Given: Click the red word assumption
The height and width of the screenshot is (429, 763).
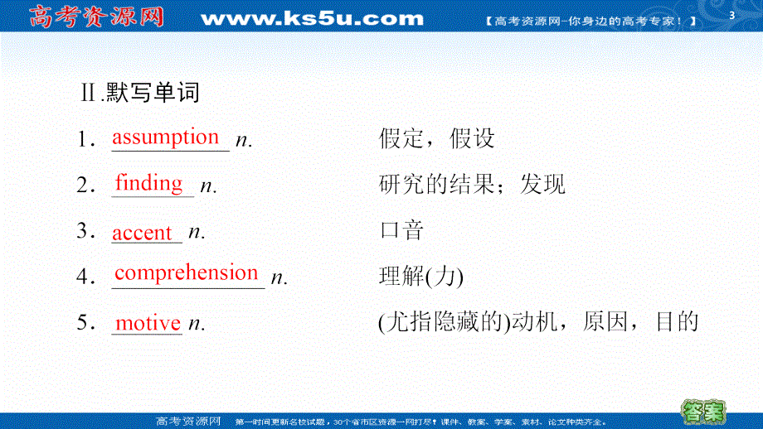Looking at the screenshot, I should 166,137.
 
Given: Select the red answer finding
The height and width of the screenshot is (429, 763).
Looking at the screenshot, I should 149,183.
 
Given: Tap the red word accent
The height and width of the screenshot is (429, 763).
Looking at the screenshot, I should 143,233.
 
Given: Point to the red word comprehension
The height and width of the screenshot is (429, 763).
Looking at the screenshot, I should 187,272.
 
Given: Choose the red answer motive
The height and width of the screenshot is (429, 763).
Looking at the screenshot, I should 148,323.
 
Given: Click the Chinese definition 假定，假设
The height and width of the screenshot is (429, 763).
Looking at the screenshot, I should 436,138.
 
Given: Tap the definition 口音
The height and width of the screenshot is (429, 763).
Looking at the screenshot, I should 401,230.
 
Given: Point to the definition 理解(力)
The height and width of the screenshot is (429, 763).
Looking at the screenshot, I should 420,276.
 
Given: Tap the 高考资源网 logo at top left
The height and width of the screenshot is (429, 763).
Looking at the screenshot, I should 96,17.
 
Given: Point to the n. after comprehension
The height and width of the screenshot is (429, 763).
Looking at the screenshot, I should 280,278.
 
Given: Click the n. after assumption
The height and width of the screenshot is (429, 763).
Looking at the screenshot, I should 244,141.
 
